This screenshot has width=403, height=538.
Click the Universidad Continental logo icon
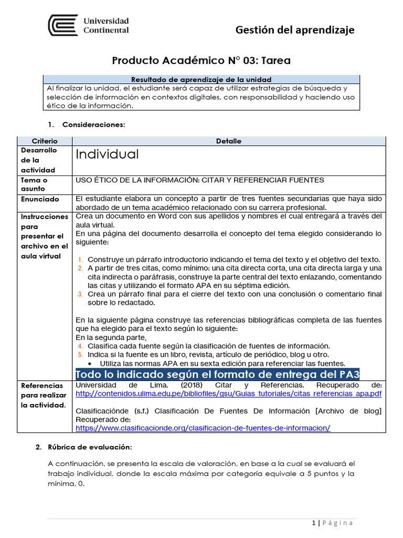(x=63, y=25)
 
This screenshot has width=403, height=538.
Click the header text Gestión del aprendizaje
(x=295, y=30)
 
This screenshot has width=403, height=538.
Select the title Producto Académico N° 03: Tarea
(x=201, y=61)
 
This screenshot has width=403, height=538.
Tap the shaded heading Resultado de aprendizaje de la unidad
(x=201, y=79)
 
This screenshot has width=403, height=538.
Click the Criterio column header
(x=45, y=141)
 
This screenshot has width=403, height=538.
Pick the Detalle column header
(x=229, y=141)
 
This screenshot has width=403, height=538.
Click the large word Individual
(x=107, y=154)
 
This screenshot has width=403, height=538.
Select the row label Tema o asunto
(x=34, y=184)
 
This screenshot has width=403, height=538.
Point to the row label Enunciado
(x=40, y=200)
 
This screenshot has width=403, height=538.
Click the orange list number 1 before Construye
(x=80, y=260)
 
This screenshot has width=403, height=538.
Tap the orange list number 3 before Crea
(x=80, y=294)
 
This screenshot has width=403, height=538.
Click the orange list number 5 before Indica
(x=80, y=355)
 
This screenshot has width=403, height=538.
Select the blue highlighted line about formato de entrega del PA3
(x=217, y=375)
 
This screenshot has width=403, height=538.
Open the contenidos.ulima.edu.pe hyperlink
(x=229, y=394)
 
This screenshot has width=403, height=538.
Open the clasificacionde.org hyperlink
(x=203, y=428)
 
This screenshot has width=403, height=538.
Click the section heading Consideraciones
(x=93, y=125)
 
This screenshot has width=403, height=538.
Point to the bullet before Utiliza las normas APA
(x=92, y=364)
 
